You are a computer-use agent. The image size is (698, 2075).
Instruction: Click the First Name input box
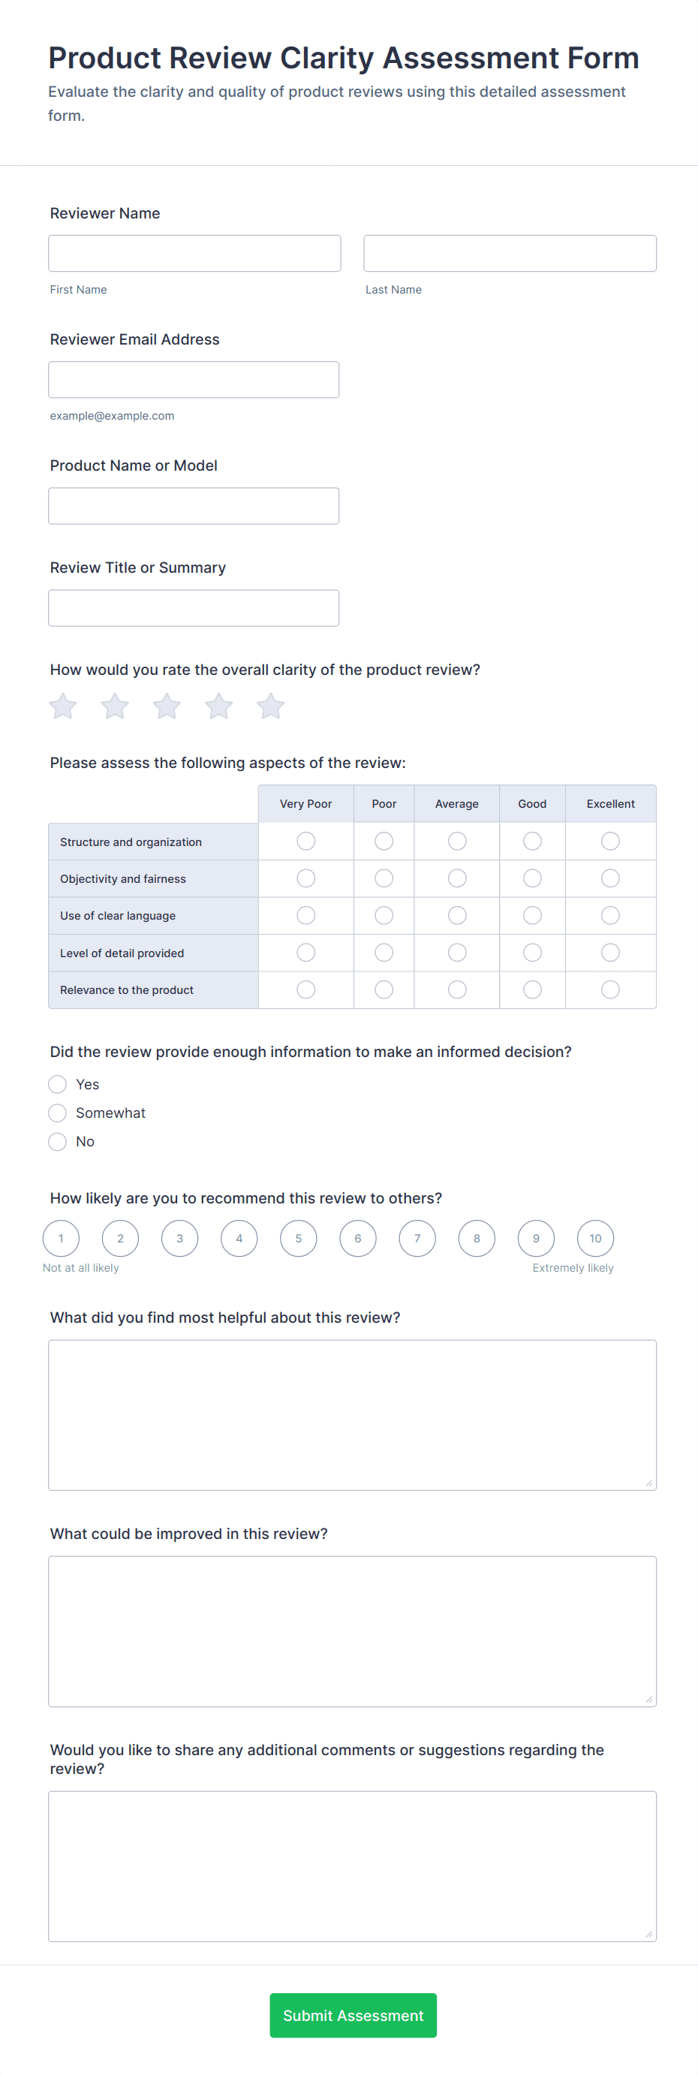[x=194, y=253]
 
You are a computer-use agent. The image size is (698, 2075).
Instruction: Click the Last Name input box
[x=510, y=253]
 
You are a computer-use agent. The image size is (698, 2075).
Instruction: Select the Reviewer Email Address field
[x=193, y=379]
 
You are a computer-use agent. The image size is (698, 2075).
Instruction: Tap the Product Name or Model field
[x=193, y=506]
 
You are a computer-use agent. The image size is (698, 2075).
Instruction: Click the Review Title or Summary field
[x=193, y=608]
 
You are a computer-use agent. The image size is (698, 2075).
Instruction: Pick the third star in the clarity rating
[x=167, y=706]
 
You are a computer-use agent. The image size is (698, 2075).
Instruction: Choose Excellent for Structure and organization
[x=610, y=841]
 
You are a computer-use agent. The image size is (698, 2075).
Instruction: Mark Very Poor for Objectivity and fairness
[x=306, y=878]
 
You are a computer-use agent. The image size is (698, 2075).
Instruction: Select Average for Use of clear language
[x=456, y=915]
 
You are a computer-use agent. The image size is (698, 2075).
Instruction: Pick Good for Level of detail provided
[x=532, y=952]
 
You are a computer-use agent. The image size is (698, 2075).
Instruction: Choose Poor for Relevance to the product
[x=384, y=989]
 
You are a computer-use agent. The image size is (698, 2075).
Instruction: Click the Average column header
[x=456, y=804]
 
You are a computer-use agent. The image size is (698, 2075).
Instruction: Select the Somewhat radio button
[x=57, y=1113]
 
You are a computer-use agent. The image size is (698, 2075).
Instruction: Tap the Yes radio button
[x=57, y=1084]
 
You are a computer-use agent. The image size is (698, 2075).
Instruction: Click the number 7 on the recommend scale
[x=417, y=1238]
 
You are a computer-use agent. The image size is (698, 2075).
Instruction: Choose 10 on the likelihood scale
[x=595, y=1238]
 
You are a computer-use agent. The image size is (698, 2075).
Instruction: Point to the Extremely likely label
[x=573, y=1268]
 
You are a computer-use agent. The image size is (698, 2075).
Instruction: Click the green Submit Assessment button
[x=353, y=2016]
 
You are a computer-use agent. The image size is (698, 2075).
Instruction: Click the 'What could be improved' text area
[x=352, y=1631]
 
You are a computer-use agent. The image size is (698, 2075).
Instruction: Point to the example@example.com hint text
[x=112, y=416]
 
